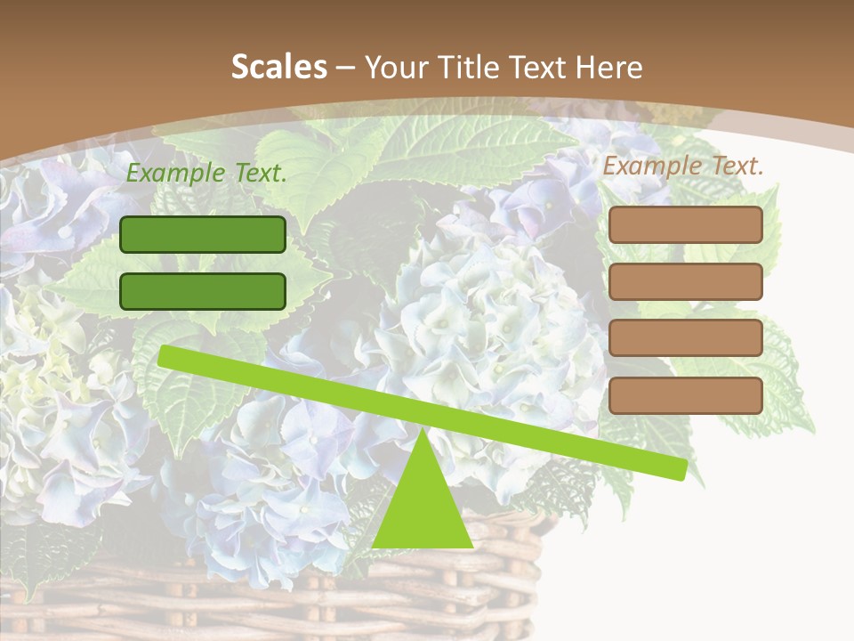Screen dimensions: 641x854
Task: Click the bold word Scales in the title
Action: pyautogui.click(x=279, y=67)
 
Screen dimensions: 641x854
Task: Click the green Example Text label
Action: pyautogui.click(x=206, y=174)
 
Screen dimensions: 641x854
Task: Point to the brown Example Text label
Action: pyautogui.click(x=683, y=166)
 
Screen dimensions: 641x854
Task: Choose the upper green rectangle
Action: pyautogui.click(x=203, y=234)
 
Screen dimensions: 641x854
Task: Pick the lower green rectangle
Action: pyautogui.click(x=203, y=291)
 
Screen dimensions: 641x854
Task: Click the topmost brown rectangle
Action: pyautogui.click(x=685, y=225)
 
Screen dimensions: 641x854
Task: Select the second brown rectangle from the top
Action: pyautogui.click(x=685, y=281)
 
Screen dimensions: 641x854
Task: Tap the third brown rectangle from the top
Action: pyautogui.click(x=685, y=338)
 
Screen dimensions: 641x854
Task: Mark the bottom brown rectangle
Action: pyautogui.click(x=685, y=395)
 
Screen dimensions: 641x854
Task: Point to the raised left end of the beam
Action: pyautogui.click(x=165, y=355)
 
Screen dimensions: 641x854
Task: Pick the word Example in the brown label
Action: pyautogui.click(x=653, y=166)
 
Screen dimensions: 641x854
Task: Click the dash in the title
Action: pyautogui.click(x=346, y=68)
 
